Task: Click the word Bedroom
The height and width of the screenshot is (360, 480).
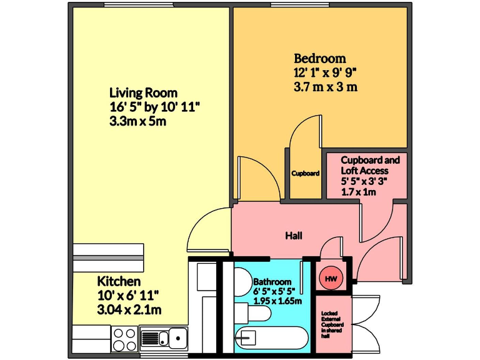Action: pyautogui.click(x=319, y=59)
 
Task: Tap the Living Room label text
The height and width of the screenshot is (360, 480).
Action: pyautogui.click(x=143, y=92)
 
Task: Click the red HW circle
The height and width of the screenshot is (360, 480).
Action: pyautogui.click(x=330, y=279)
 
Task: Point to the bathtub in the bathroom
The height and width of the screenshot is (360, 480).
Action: pyautogui.click(x=272, y=339)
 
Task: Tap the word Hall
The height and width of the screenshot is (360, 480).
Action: pyautogui.click(x=294, y=236)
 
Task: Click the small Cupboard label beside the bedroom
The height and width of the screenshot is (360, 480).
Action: pyautogui.click(x=306, y=173)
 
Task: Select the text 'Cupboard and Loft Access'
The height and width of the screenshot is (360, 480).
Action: pyautogui.click(x=369, y=165)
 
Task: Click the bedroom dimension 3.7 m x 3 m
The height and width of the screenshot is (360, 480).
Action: pyautogui.click(x=325, y=87)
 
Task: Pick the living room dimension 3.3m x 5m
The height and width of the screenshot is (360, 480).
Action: pyautogui.click(x=137, y=121)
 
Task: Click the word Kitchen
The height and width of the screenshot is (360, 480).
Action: pyautogui.click(x=119, y=281)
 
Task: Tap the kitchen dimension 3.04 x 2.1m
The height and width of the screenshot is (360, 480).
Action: pyautogui.click(x=129, y=309)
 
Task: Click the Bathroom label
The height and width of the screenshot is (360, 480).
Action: pyautogui.click(x=272, y=282)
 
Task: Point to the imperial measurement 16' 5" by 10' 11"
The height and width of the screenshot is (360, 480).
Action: pyautogui.click(x=154, y=106)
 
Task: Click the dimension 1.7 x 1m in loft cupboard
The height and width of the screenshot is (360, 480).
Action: pyautogui.click(x=359, y=192)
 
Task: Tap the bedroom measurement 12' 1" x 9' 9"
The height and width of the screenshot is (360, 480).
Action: pyautogui.click(x=325, y=72)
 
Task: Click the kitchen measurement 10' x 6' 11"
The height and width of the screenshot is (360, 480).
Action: pyautogui.click(x=128, y=295)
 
